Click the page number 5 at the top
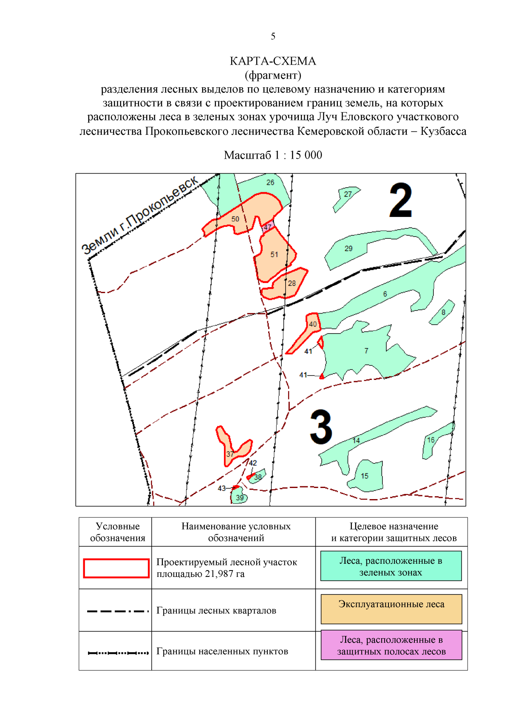click(x=273, y=36)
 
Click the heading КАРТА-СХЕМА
click(x=273, y=61)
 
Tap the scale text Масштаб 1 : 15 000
click(x=273, y=155)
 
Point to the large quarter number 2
click(x=400, y=200)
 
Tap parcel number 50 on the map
click(x=235, y=219)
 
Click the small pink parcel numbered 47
click(x=268, y=226)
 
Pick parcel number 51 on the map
click(x=274, y=254)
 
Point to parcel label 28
click(x=292, y=283)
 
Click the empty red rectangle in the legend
click(x=116, y=568)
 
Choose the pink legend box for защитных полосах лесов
click(x=391, y=645)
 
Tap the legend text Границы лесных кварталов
click(x=216, y=611)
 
